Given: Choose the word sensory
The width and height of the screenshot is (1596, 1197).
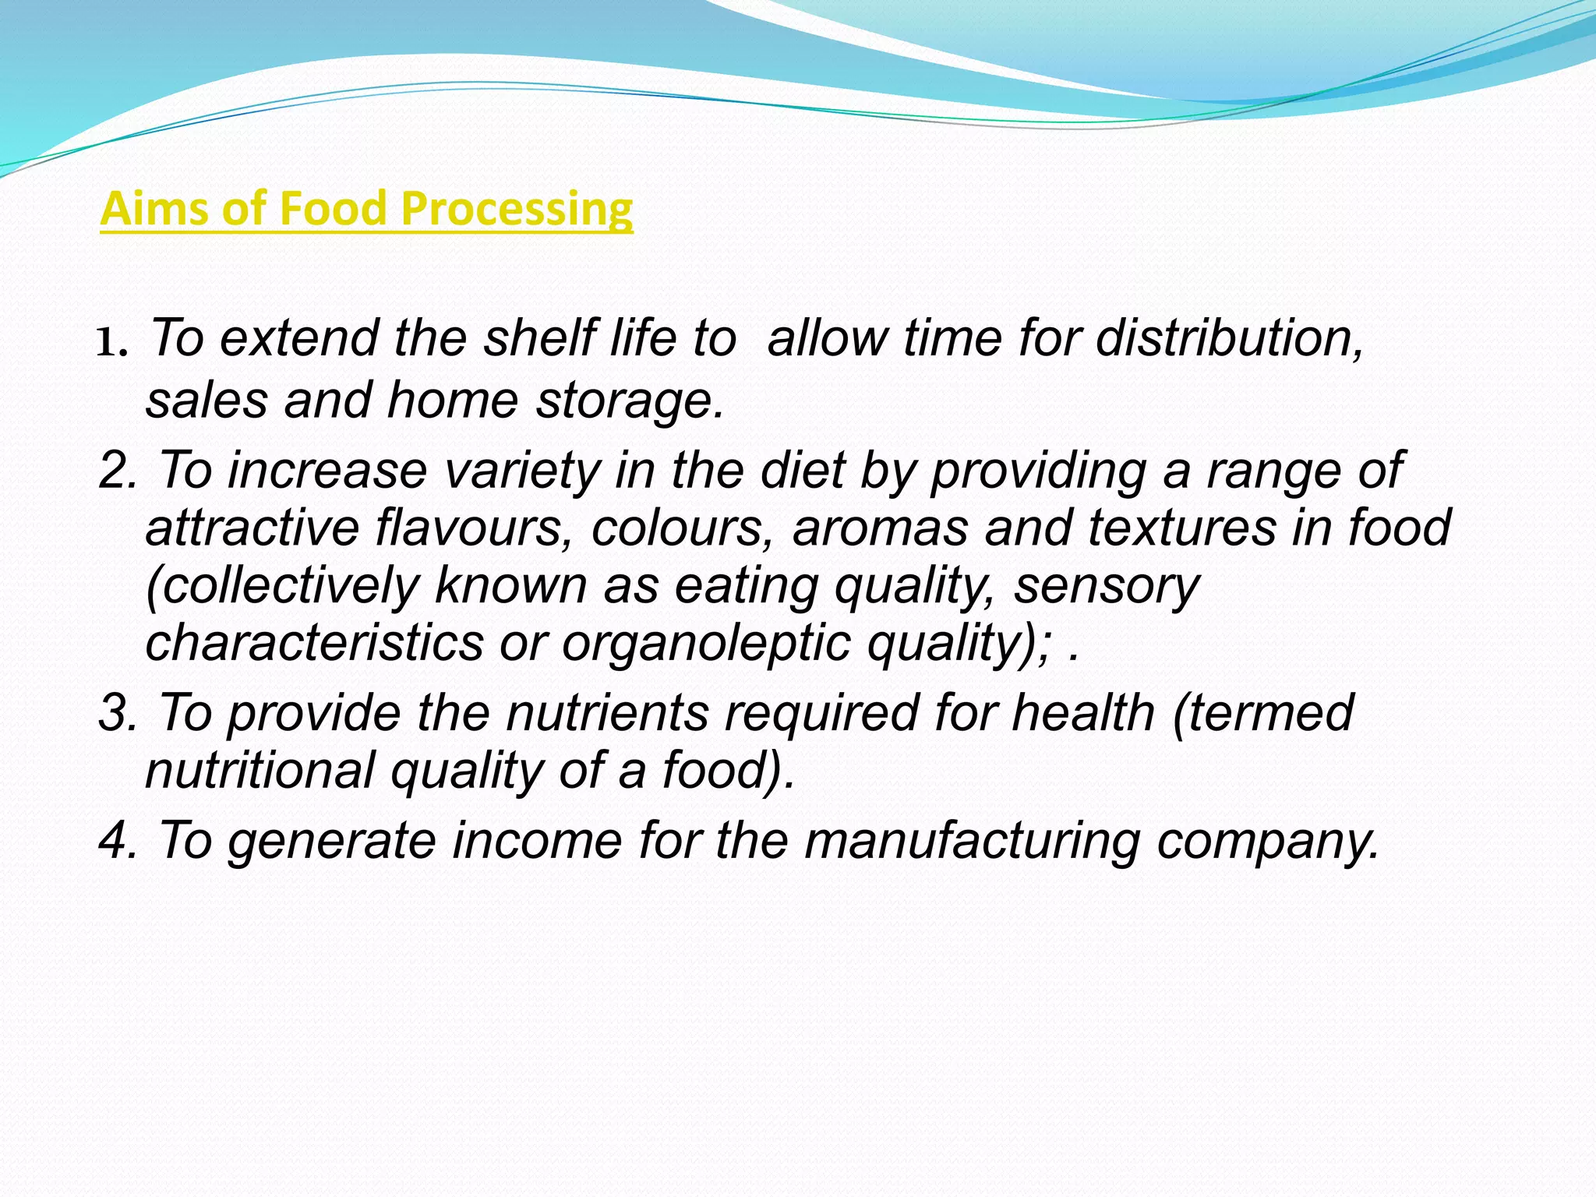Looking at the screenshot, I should coord(1106,586).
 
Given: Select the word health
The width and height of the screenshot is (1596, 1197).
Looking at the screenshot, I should coord(1082,712).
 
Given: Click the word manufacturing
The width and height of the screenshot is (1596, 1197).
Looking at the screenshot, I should coord(972,842).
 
